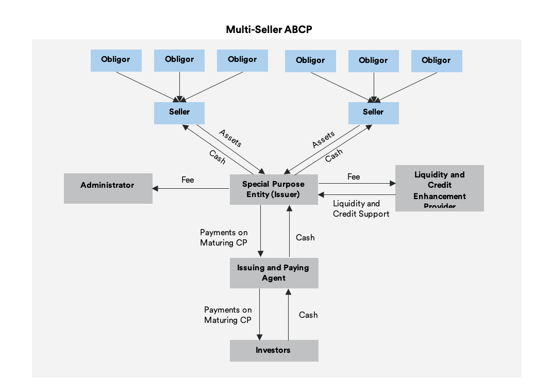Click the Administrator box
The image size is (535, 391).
(x=108, y=188)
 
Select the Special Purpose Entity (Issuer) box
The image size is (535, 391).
(x=273, y=189)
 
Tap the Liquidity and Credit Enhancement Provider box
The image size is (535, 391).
(x=439, y=188)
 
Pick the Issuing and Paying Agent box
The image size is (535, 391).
(x=274, y=273)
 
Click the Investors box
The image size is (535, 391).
(x=274, y=350)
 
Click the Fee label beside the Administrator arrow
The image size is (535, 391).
(x=188, y=180)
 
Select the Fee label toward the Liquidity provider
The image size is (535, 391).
(x=354, y=177)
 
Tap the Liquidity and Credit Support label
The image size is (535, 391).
(x=361, y=208)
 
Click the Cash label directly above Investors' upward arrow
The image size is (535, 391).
(x=308, y=315)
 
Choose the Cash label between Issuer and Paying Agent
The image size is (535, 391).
(x=305, y=238)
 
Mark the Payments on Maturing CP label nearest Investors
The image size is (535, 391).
(x=228, y=315)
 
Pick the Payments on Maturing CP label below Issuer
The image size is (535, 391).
(x=224, y=238)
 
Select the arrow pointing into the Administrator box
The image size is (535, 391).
(x=191, y=188)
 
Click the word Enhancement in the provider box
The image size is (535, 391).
(x=439, y=196)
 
